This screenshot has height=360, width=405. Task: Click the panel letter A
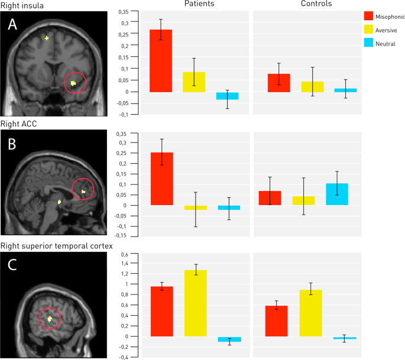[x=12, y=25]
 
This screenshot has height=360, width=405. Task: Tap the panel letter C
[x=12, y=265]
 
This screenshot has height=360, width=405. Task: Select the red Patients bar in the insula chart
[x=161, y=61]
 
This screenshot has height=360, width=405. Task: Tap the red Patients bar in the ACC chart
[x=161, y=179]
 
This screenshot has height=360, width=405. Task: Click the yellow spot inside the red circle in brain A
[x=73, y=84]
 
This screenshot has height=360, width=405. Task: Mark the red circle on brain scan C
[x=50, y=319]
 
